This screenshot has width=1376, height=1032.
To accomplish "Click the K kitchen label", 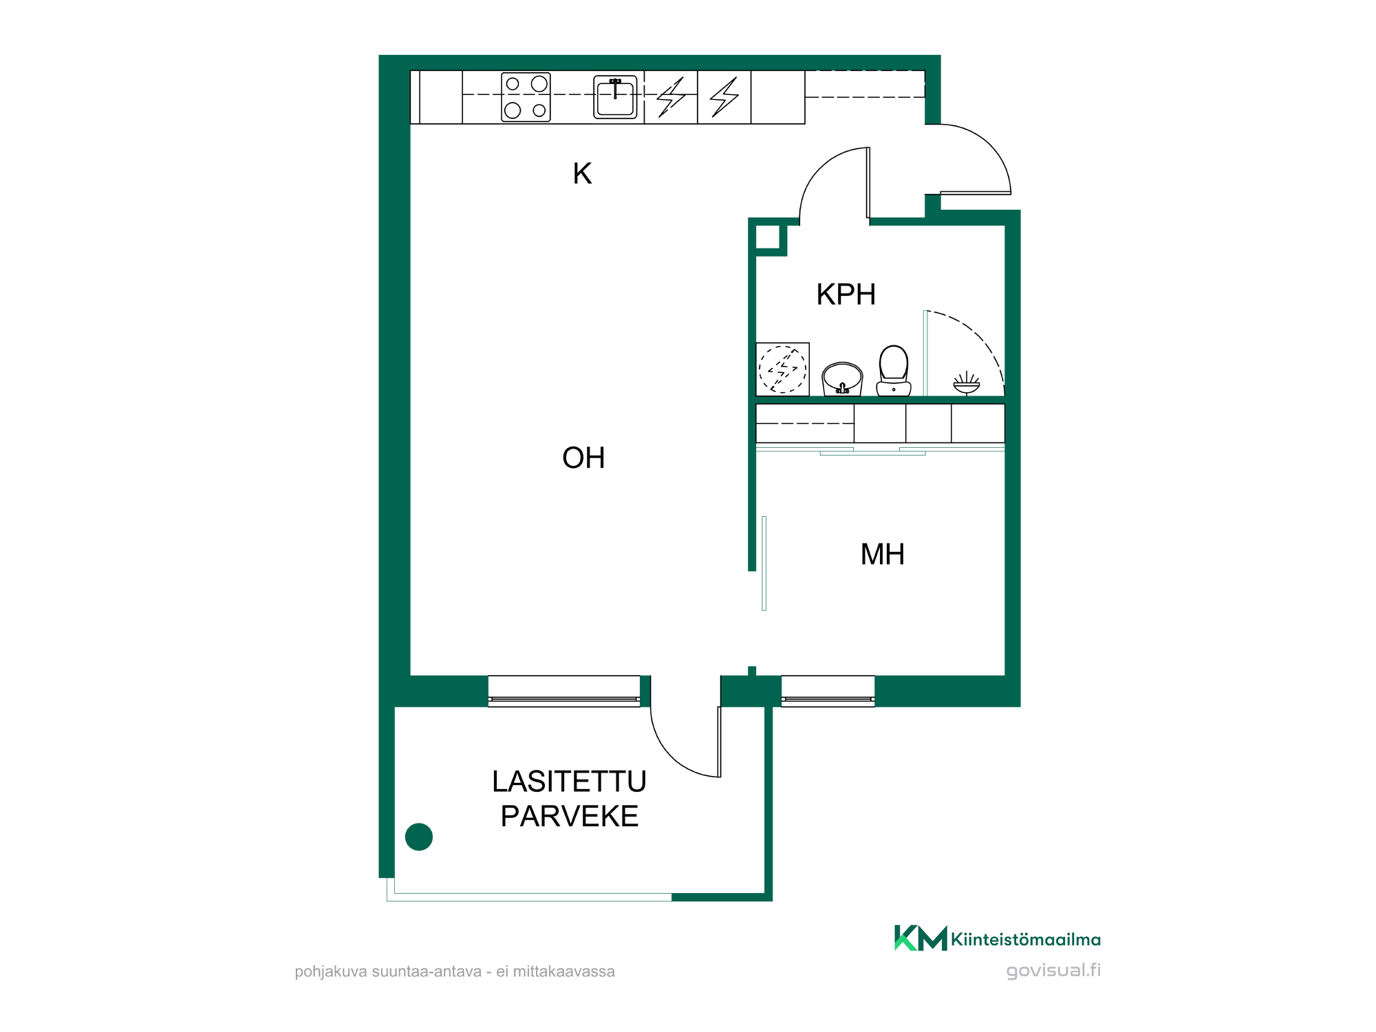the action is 582,173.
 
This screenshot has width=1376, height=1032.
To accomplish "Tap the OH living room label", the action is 583,458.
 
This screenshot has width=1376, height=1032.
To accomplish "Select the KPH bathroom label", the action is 846,294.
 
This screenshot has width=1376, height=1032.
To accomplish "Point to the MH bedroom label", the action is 882,555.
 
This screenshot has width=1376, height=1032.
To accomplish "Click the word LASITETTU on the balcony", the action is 569,782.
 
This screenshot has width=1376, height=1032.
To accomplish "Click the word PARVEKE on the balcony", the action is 569,817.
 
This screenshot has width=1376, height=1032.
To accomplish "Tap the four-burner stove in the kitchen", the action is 526,97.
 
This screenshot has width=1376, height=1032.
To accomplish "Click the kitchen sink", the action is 615,97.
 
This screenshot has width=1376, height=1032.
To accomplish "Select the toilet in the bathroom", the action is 894,371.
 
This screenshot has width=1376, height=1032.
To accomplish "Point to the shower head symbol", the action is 967,383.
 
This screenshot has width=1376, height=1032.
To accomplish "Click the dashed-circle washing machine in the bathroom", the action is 782,369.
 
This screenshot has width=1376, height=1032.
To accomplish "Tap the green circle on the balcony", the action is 419,837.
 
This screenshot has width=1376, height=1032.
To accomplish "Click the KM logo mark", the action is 921,938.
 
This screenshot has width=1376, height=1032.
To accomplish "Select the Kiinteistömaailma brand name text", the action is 1026,940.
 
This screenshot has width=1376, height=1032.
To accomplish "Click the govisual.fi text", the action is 1053,971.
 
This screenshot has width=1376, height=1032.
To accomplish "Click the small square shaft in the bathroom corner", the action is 768,237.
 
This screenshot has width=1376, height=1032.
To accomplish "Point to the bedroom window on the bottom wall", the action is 828,691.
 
